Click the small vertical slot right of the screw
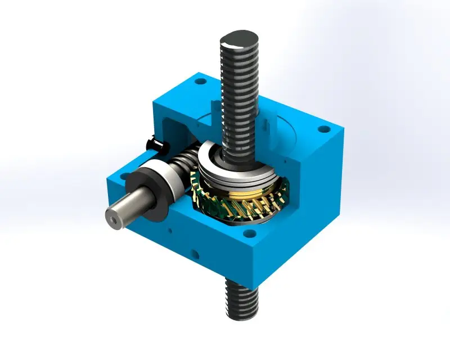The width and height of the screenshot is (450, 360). pos(262,121)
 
